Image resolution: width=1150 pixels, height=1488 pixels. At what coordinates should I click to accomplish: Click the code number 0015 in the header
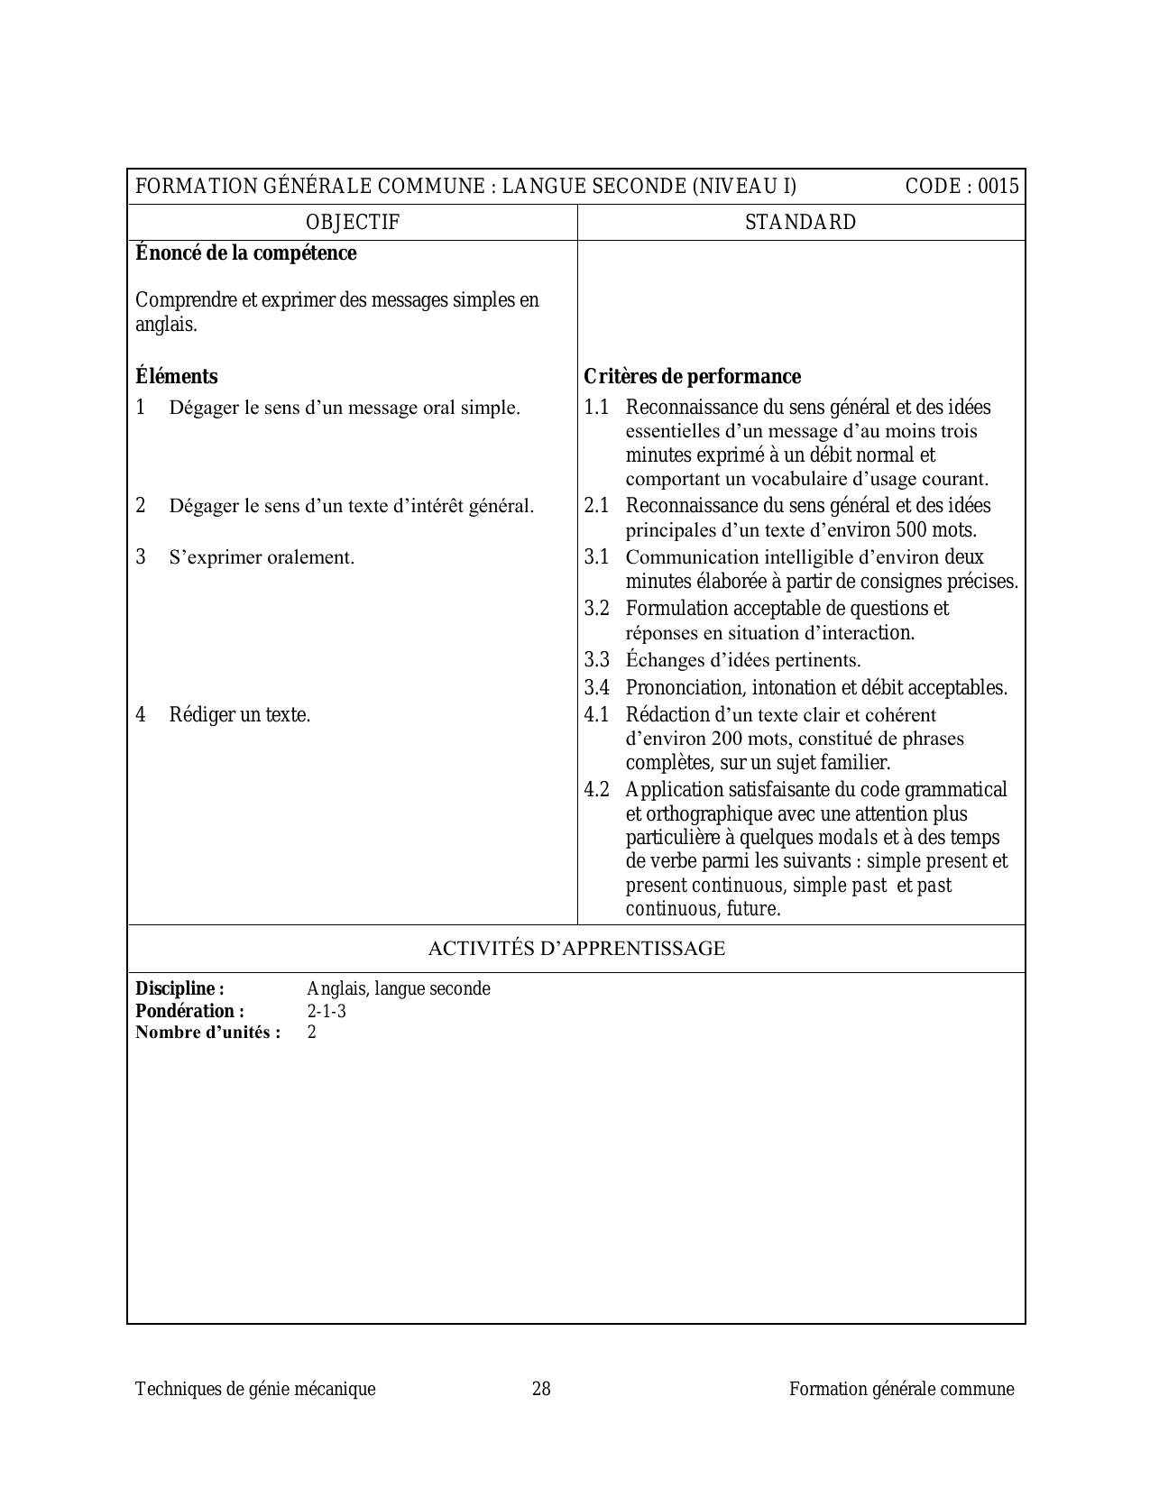pyautogui.click(x=998, y=187)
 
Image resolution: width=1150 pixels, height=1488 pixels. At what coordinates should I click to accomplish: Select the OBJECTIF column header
pyautogui.click(x=353, y=223)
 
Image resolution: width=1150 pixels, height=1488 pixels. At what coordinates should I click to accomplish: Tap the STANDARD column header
pyautogui.click(x=801, y=223)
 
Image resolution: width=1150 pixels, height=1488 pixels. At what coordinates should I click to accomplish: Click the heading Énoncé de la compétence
pyautogui.click(x=245, y=253)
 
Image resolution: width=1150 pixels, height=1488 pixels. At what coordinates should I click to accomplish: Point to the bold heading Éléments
pyautogui.click(x=177, y=376)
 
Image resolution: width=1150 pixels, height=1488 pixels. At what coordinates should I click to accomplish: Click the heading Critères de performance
pyautogui.click(x=692, y=376)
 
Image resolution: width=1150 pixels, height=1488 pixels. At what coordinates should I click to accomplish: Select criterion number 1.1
pyautogui.click(x=596, y=408)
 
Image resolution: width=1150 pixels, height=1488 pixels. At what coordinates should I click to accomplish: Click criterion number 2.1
pyautogui.click(x=596, y=506)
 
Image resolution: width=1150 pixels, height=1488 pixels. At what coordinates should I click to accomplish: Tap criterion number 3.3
pyautogui.click(x=596, y=660)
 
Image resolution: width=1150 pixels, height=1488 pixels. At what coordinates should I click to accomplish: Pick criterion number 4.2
pyautogui.click(x=596, y=790)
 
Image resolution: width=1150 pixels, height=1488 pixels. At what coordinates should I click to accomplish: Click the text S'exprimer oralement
pyautogui.click(x=262, y=557)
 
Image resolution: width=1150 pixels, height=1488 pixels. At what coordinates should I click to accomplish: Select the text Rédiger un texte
pyautogui.click(x=240, y=715)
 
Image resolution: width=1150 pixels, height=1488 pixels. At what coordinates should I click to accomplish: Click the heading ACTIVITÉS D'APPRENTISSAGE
pyautogui.click(x=575, y=949)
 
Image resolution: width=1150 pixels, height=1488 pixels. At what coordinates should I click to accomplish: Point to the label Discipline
pyautogui.click(x=179, y=988)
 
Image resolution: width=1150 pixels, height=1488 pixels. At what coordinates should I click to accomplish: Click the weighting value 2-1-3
pyautogui.click(x=327, y=1011)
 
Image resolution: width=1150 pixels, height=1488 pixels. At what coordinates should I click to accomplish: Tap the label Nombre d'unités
pyautogui.click(x=207, y=1033)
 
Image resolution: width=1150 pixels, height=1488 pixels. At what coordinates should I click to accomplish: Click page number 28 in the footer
pyautogui.click(x=541, y=1389)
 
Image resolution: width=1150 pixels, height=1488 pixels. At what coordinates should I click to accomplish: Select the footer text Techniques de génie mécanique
pyautogui.click(x=255, y=1389)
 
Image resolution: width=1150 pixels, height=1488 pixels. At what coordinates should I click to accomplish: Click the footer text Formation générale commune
pyautogui.click(x=901, y=1389)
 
